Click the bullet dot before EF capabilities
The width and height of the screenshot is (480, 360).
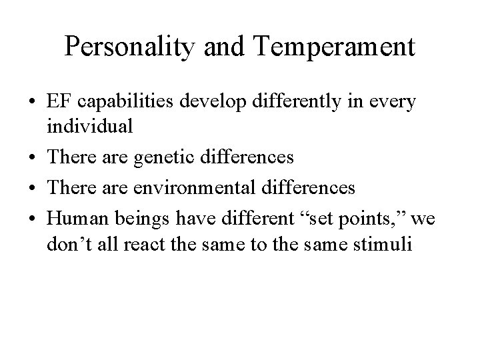pyautogui.click(x=33, y=103)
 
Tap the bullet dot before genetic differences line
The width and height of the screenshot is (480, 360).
pyautogui.click(x=33, y=158)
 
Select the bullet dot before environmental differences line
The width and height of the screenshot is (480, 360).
pyautogui.click(x=33, y=189)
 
